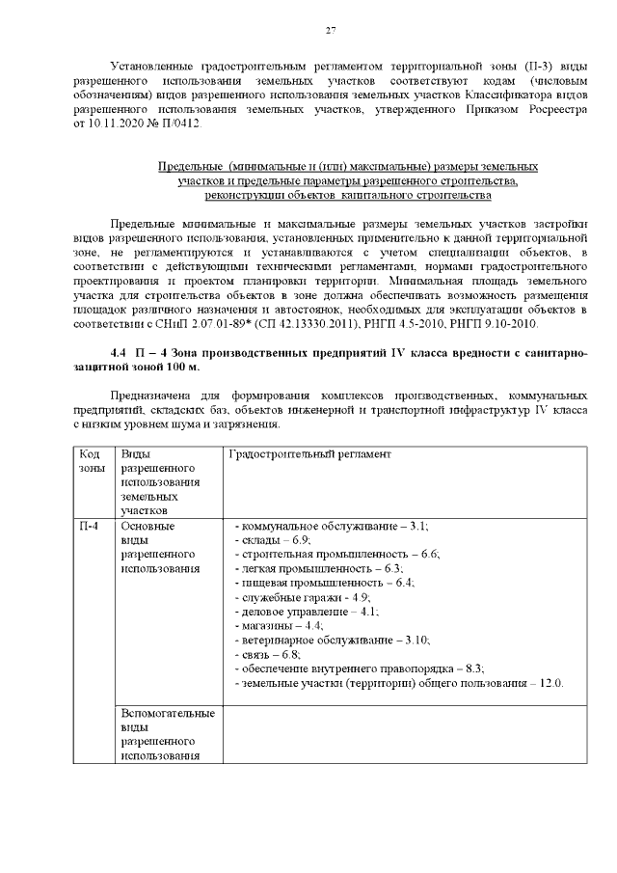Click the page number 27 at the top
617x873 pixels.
330,31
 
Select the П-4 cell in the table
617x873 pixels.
89,527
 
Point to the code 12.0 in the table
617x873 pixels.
550,683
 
